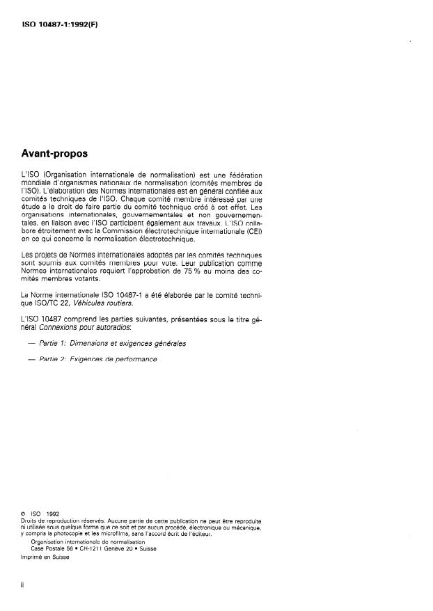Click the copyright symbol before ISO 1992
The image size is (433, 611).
24,516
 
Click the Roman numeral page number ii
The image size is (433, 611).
24,586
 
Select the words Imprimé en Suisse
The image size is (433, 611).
40,557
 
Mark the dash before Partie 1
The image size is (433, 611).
31,343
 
